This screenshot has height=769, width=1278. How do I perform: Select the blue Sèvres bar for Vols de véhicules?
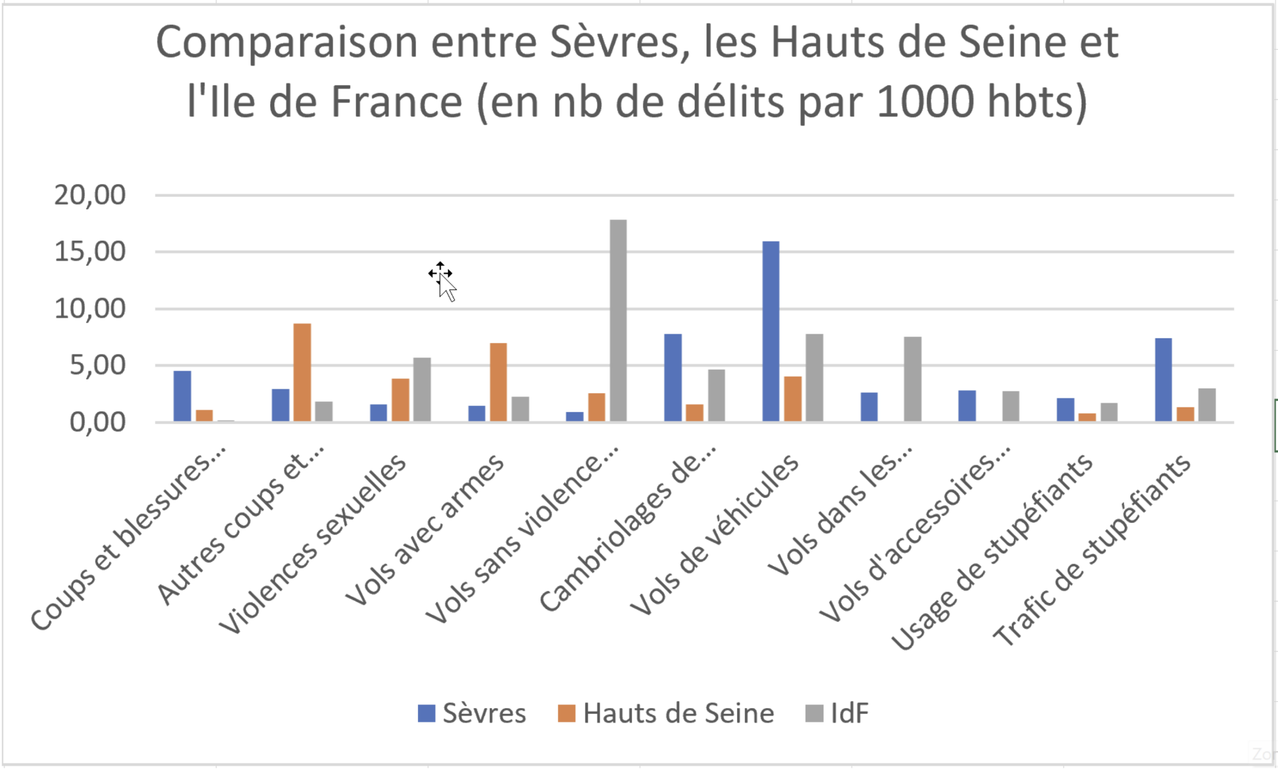(771, 331)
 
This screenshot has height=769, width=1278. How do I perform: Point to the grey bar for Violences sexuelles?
(422, 389)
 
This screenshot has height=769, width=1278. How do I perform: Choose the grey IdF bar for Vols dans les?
(913, 379)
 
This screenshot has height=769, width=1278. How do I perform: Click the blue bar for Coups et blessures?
(182, 396)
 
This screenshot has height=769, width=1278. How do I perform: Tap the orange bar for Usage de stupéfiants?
(1087, 417)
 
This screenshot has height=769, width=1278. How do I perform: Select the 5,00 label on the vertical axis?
(97, 365)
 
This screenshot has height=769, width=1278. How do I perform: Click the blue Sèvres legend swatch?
(426, 714)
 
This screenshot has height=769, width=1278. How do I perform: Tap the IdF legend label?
(849, 714)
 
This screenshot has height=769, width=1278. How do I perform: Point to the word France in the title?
(396, 102)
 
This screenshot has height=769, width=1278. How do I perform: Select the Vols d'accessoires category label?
(915, 534)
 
